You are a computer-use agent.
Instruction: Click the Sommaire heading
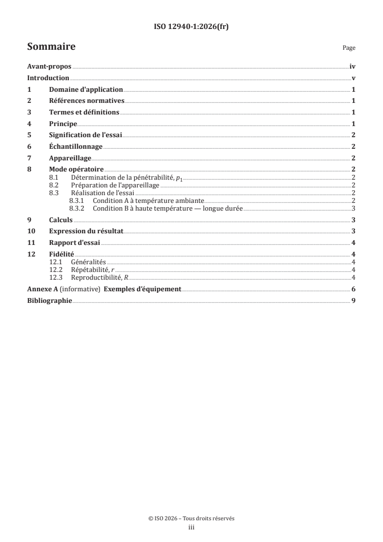coord(51,47)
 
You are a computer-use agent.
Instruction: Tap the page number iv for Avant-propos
coord(353,67)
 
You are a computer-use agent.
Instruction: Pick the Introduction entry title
coord(48,78)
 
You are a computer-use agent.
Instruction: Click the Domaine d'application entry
coord(86,90)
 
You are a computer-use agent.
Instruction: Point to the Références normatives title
coord(87,101)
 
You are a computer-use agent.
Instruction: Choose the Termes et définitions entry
coord(84,112)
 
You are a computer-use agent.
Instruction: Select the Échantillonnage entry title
coord(76,146)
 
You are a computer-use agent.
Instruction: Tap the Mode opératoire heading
coord(77,169)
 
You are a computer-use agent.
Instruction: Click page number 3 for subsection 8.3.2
coord(354,209)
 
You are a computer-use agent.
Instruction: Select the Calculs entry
coord(60,220)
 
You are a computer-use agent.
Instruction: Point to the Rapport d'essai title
coord(74,243)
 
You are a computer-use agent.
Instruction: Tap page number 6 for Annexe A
coord(354,289)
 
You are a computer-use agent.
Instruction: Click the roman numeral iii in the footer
coord(191,528)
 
